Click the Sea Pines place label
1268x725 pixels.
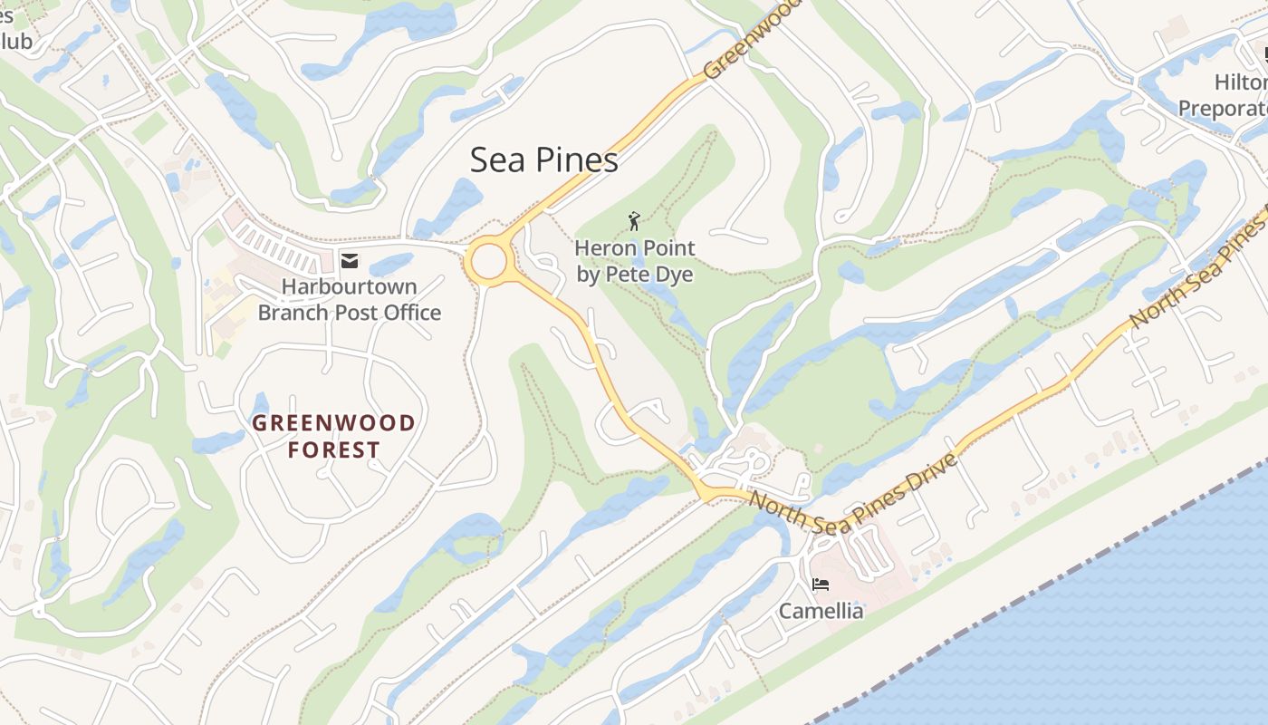543,160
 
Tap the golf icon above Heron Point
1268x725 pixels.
634,220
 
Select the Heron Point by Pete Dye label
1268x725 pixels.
635,261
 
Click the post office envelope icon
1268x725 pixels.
349,261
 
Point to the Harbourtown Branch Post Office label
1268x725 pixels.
350,300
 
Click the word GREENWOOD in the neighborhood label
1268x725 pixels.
333,423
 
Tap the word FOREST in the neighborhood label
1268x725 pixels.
333,450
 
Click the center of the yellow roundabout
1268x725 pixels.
488,262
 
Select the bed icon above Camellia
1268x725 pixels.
821,585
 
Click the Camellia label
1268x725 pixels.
821,612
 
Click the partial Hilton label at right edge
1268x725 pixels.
1240,82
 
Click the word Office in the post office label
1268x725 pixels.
409,314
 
